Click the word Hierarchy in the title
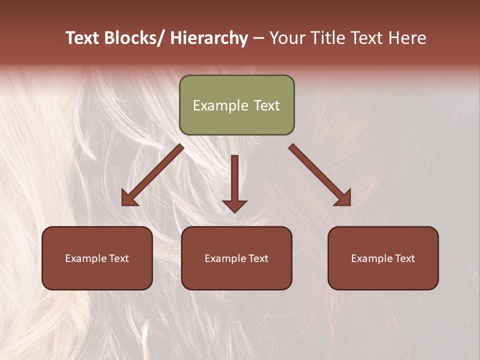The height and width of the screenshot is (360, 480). pyautogui.click(x=209, y=38)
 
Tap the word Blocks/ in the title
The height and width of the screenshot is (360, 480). pyautogui.click(x=134, y=38)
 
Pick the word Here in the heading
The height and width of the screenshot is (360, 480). pyautogui.click(x=407, y=38)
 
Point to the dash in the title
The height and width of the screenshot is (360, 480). pyautogui.click(x=258, y=38)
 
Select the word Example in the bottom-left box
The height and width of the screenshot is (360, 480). pyautogui.click(x=85, y=258)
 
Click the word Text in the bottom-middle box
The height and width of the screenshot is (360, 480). pyautogui.click(x=257, y=258)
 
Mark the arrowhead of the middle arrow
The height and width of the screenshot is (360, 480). pyautogui.click(x=234, y=205)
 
